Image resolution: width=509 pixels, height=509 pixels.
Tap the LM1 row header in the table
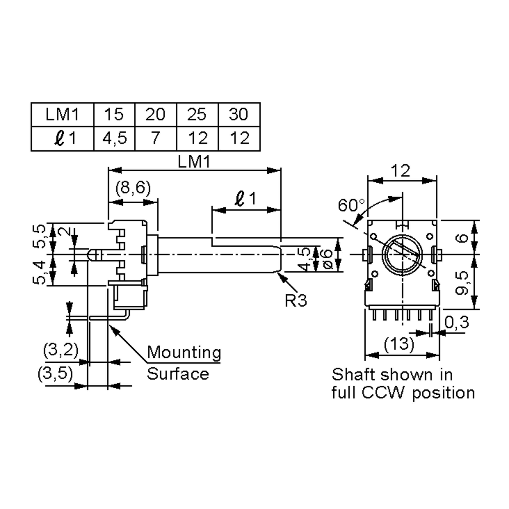[62, 115]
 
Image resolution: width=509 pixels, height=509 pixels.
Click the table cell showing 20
[155, 115]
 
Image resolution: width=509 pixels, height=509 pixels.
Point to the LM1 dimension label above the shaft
[194, 162]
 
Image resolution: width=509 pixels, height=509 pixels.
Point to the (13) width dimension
[399, 344]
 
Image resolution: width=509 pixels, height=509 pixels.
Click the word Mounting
[184, 352]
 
